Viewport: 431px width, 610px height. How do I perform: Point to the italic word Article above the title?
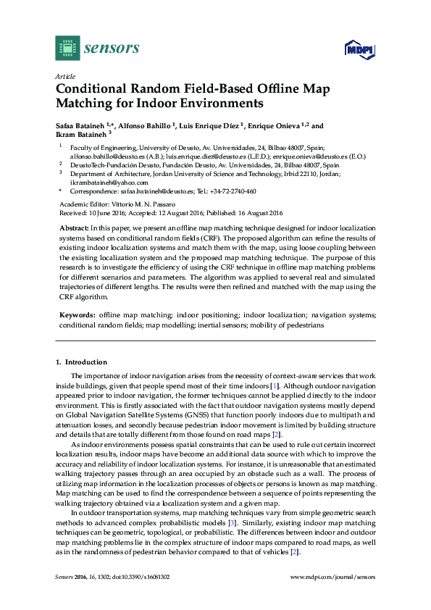pos(64,76)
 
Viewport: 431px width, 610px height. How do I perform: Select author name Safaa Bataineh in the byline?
pos(82,124)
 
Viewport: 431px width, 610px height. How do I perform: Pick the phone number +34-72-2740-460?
pos(233,192)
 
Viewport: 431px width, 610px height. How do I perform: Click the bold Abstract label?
pos(73,227)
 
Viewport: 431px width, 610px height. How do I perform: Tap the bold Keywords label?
pos(76,316)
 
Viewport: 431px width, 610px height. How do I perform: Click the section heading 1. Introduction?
pos(81,362)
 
